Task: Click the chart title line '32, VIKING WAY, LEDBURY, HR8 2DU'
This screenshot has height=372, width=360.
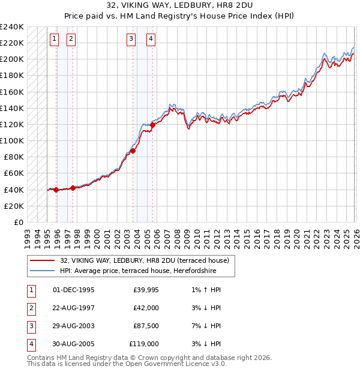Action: click(179, 5)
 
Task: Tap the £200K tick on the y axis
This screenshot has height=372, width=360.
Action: click(12, 59)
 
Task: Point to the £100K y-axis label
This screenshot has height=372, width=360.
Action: click(12, 140)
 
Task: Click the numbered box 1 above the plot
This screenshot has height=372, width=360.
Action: click(54, 40)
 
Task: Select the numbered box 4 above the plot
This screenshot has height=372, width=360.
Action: click(151, 40)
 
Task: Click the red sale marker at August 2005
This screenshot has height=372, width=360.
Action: click(153, 125)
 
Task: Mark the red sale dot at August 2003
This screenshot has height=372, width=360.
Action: click(133, 151)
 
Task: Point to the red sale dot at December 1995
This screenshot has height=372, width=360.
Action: click(56, 190)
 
